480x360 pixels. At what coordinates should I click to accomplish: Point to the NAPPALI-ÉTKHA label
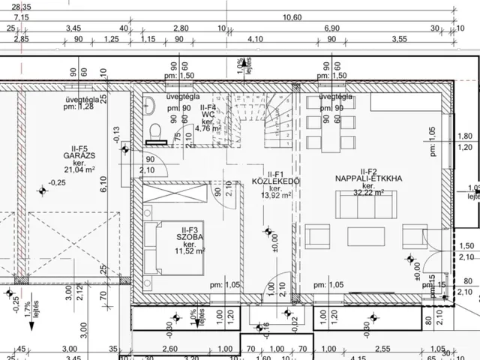click(x=369, y=179)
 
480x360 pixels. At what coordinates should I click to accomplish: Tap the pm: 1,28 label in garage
click(x=77, y=106)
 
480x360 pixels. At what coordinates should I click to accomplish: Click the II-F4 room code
click(x=208, y=108)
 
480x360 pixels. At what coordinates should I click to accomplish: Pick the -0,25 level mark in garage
click(x=55, y=182)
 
